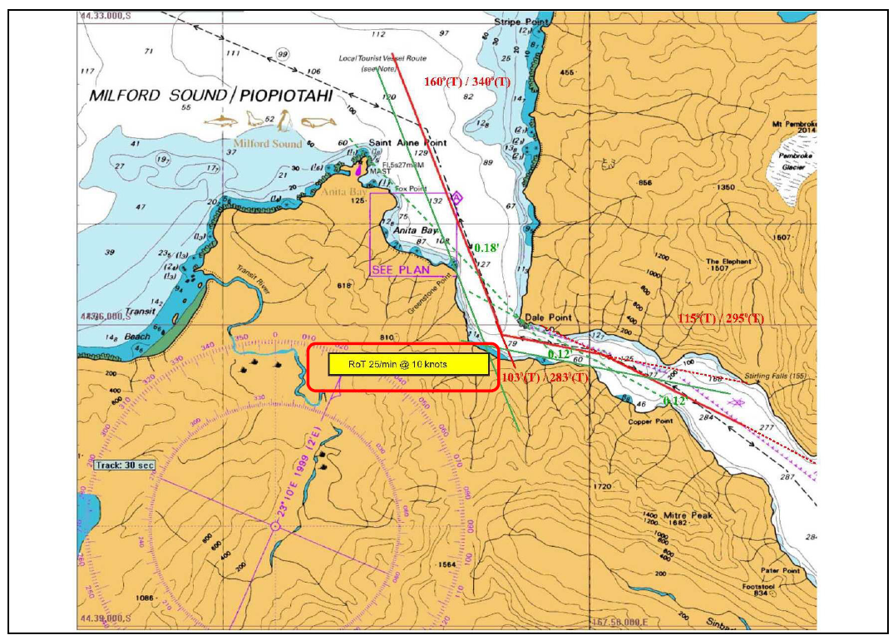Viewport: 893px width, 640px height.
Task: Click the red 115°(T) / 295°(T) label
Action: point(721,318)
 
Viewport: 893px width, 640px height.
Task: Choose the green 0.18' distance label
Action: point(486,248)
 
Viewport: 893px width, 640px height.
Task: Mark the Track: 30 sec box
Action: point(124,465)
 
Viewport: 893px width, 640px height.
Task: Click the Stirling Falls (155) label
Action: point(777,376)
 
